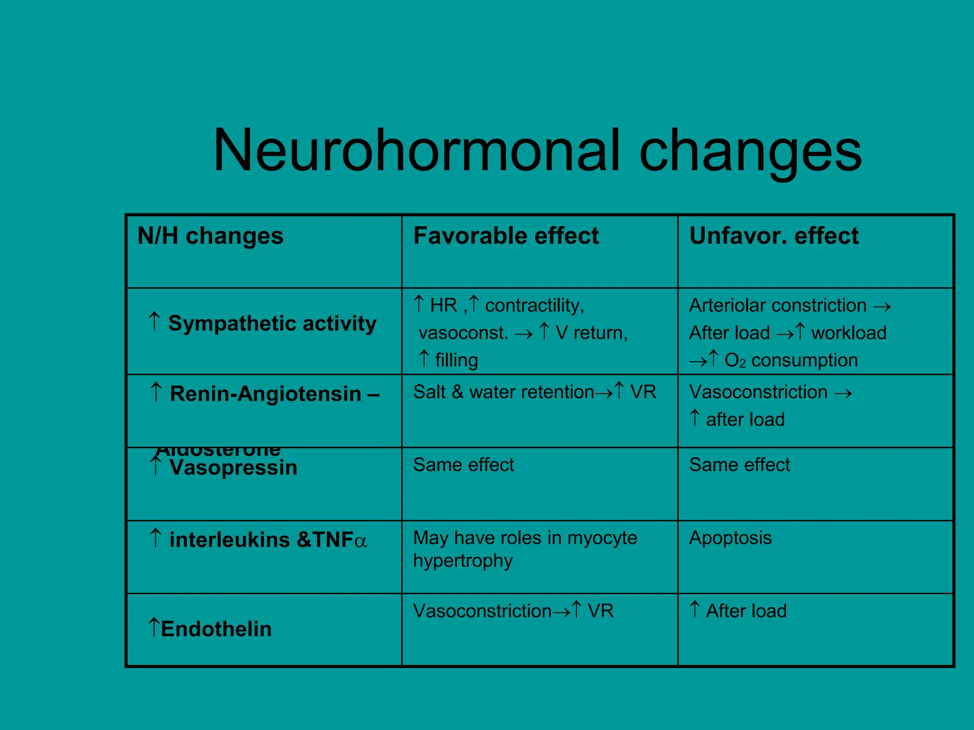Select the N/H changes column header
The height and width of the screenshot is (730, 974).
tap(210, 236)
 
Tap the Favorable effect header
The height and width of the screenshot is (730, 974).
tap(506, 236)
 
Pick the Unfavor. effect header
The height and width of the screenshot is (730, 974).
tap(774, 236)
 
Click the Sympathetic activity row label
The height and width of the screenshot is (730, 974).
tap(272, 324)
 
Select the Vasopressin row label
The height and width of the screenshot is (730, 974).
tap(233, 468)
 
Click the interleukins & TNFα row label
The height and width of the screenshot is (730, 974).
tap(268, 540)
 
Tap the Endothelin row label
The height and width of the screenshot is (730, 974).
tap(216, 629)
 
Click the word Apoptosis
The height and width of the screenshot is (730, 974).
tap(730, 538)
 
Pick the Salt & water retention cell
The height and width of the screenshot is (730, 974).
tap(534, 392)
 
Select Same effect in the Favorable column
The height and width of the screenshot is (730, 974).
tap(464, 465)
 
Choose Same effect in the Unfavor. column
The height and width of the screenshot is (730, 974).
tap(740, 465)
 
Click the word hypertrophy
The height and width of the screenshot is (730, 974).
tap(463, 561)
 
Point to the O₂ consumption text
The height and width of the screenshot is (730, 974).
tap(791, 360)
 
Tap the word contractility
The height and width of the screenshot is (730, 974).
tap(534, 305)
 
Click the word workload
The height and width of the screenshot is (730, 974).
tap(848, 333)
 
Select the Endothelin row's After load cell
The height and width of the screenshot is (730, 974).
tap(746, 611)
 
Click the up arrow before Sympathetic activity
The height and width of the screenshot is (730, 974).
tap(154, 322)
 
